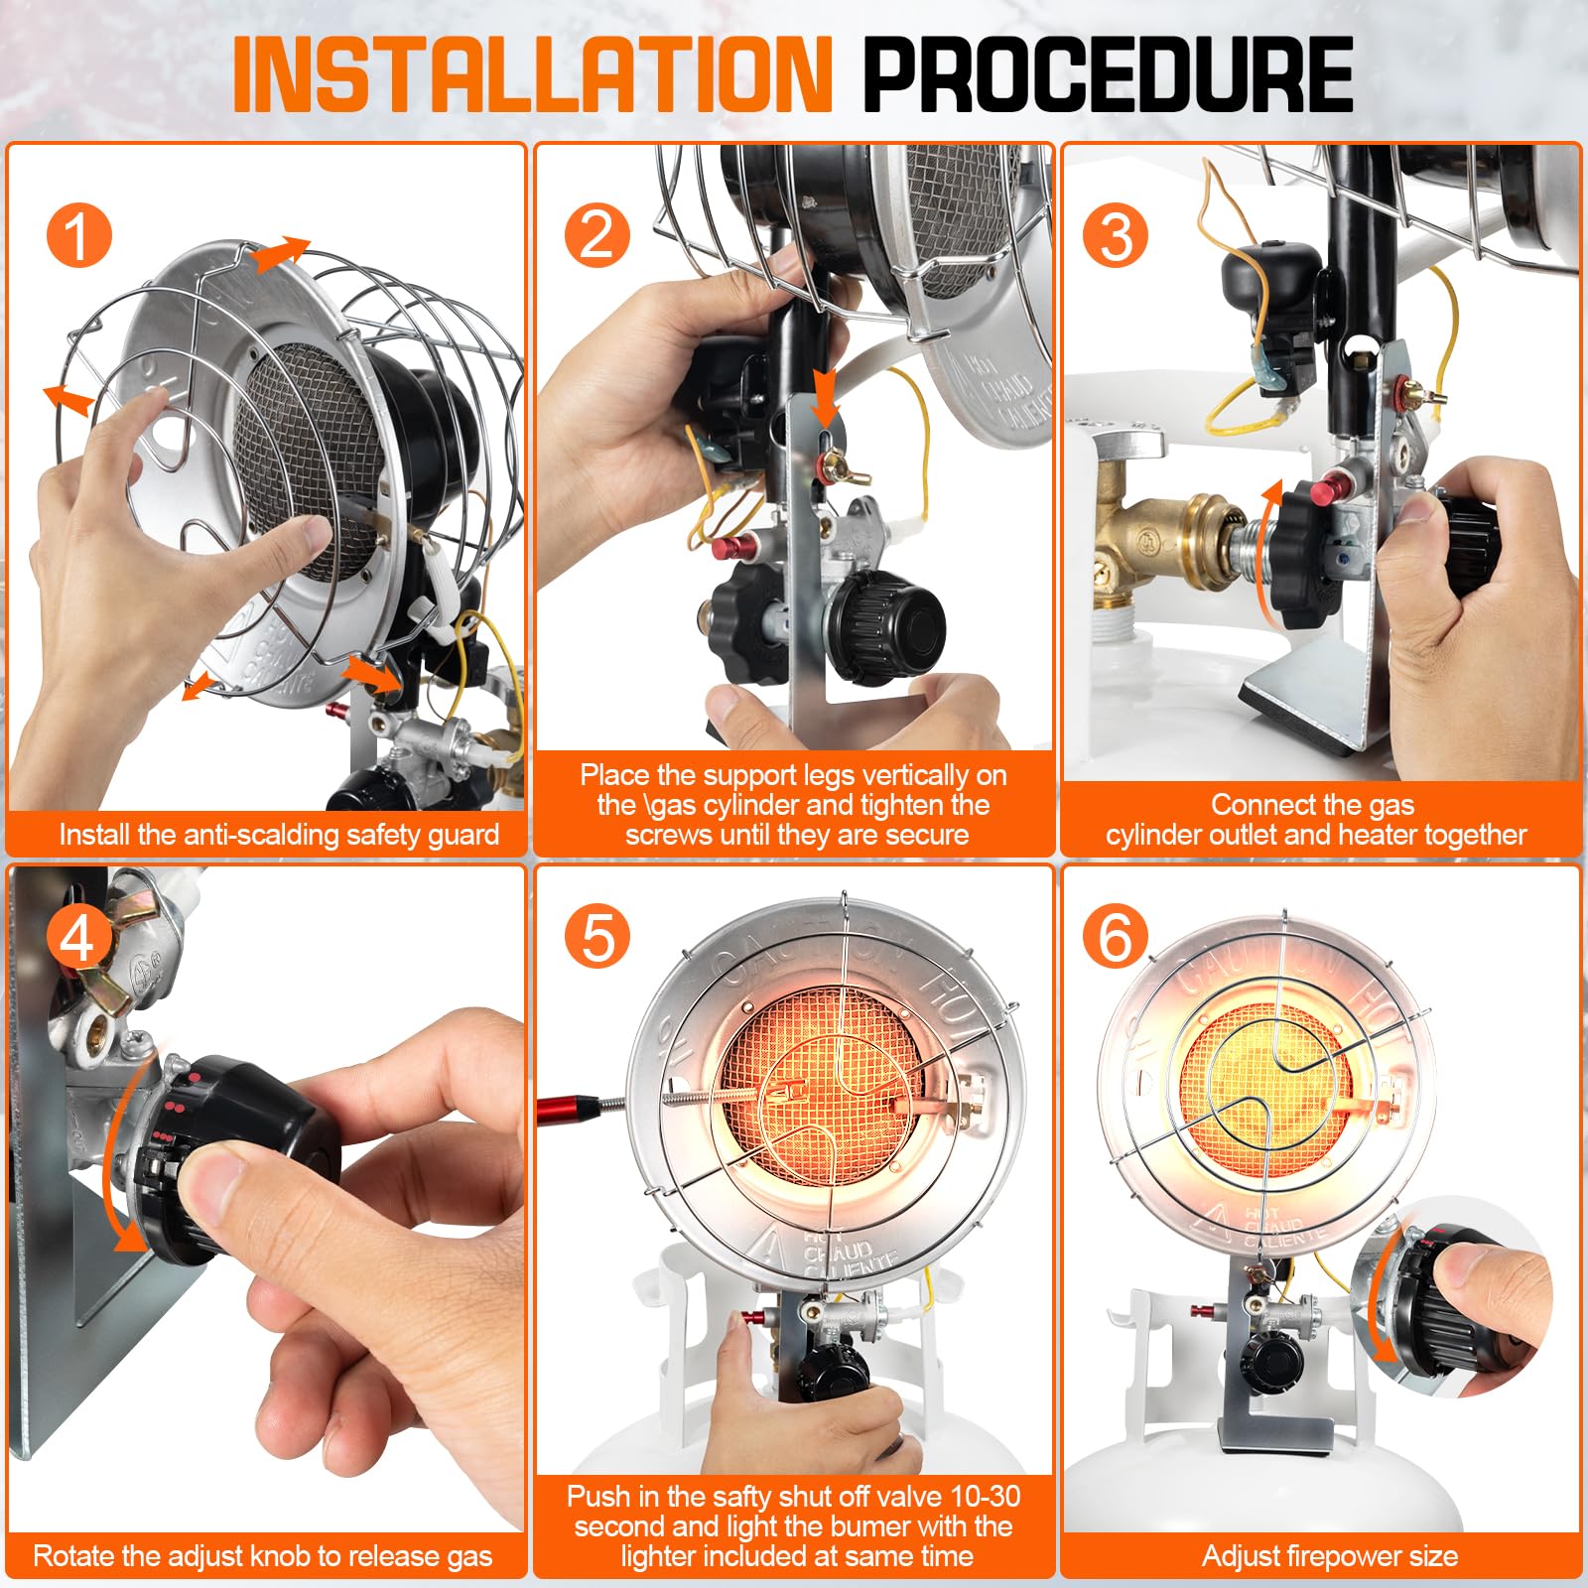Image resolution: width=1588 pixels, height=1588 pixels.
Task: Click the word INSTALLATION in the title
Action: click(x=532, y=73)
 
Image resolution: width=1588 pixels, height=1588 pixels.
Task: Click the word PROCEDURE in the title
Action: click(x=1108, y=73)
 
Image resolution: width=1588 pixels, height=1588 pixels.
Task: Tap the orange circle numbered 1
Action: click(x=79, y=236)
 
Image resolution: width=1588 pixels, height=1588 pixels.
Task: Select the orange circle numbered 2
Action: click(x=597, y=236)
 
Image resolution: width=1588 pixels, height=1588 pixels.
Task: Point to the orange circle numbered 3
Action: click(x=1116, y=236)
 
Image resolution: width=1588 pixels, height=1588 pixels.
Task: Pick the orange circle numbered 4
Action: click(x=79, y=937)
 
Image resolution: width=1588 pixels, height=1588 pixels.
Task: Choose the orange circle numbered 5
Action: click(x=597, y=937)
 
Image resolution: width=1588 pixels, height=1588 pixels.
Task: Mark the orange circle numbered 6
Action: click(x=1116, y=937)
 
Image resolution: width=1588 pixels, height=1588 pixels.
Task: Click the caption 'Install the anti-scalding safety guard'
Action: click(x=279, y=835)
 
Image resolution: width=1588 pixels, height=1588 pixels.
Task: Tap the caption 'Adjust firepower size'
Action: click(x=1330, y=1555)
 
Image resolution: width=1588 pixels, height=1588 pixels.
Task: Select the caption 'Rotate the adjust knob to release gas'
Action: click(x=263, y=1555)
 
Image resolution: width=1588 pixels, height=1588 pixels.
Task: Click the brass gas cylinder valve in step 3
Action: click(x=1171, y=541)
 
